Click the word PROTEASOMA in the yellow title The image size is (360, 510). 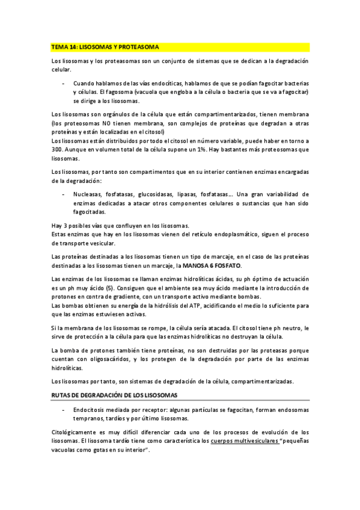click(x=141, y=46)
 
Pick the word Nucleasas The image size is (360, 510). click(x=88, y=194)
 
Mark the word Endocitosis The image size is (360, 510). click(x=89, y=410)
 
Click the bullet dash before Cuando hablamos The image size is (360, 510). click(x=64, y=82)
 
